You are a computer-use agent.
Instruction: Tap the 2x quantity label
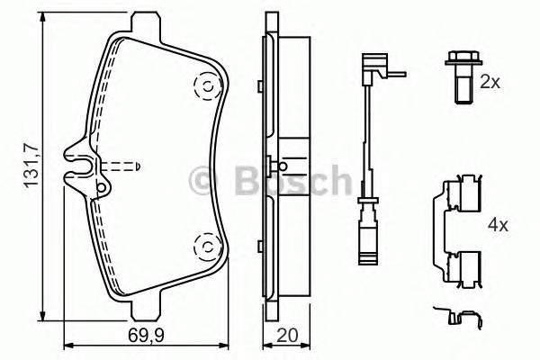(490, 82)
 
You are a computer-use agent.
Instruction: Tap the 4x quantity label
(497, 224)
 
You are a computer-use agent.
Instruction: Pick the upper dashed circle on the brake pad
(205, 86)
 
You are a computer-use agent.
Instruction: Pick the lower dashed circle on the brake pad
(205, 242)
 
